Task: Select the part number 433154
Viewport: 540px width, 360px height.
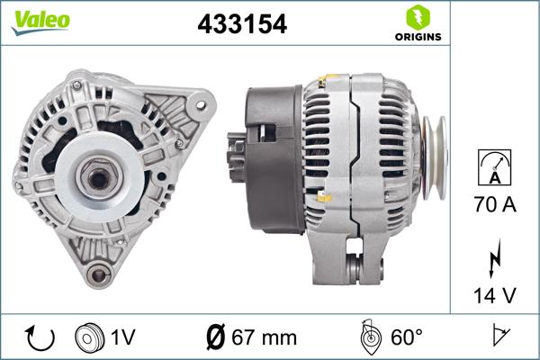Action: (x=242, y=25)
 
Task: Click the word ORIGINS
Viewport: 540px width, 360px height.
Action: (x=416, y=38)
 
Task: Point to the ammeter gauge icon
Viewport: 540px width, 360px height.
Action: (x=494, y=169)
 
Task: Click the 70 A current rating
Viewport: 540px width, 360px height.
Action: (x=494, y=205)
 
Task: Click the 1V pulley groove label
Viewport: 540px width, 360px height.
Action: (x=122, y=337)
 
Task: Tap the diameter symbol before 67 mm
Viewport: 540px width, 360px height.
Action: (x=216, y=337)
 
